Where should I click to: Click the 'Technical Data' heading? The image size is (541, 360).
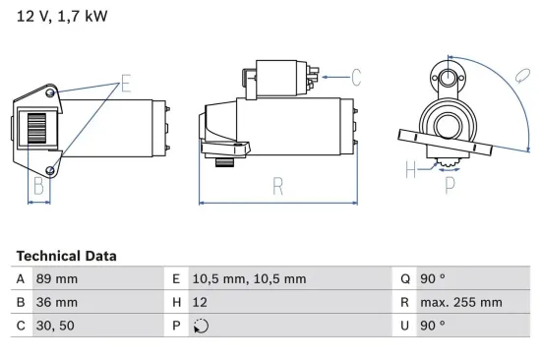click(x=66, y=256)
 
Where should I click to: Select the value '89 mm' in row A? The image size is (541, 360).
click(x=55, y=278)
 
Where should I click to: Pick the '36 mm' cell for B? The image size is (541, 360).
click(x=55, y=302)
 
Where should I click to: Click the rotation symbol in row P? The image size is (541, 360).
click(x=202, y=326)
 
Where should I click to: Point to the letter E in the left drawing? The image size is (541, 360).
click(x=126, y=83)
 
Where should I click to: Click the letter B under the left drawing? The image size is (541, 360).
click(x=37, y=185)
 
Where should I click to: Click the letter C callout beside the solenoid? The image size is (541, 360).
click(x=356, y=75)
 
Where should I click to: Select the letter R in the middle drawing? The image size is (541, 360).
click(x=279, y=185)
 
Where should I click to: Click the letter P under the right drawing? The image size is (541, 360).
click(x=450, y=183)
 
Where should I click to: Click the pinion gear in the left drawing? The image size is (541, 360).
click(x=35, y=128)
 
